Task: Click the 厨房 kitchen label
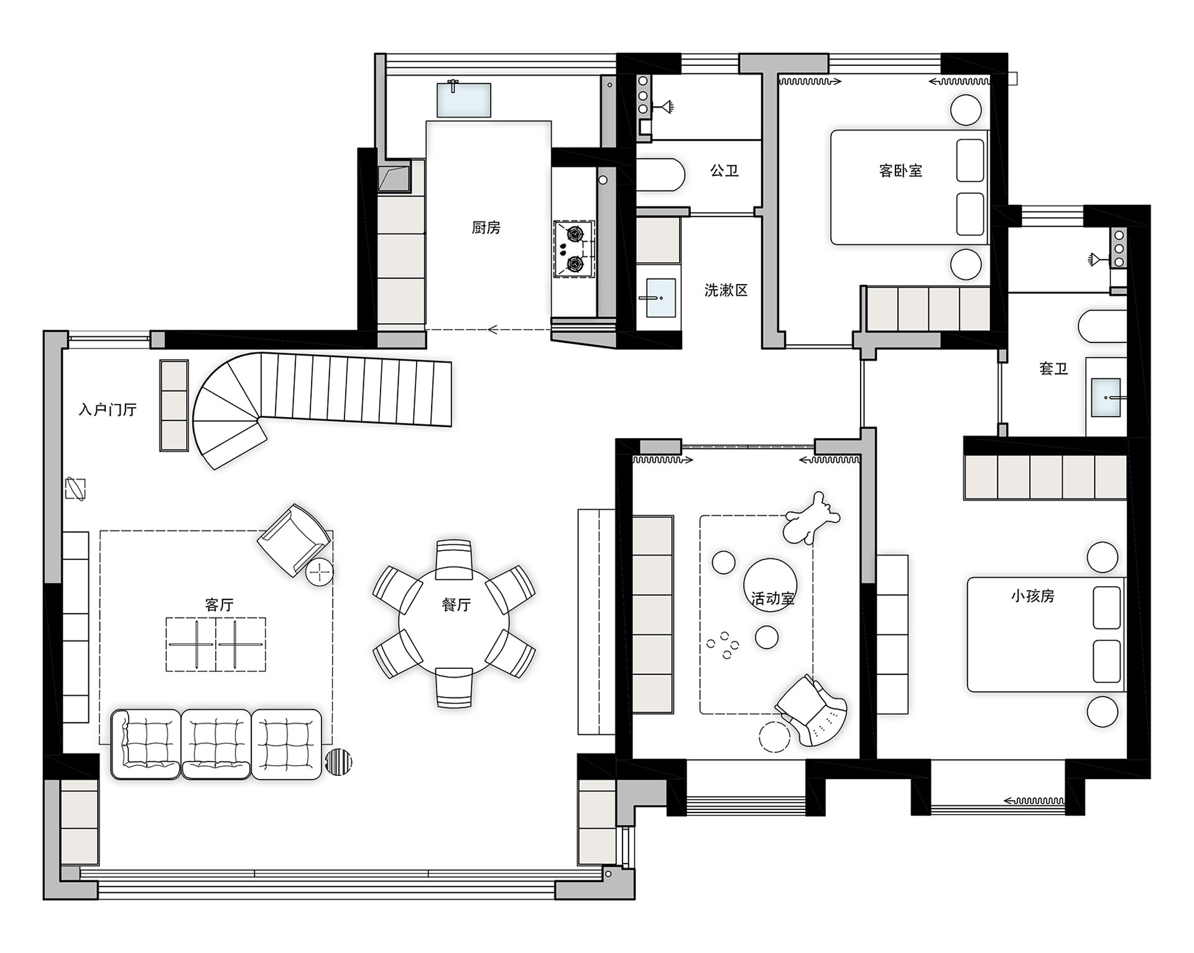click(486, 228)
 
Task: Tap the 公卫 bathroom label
click(724, 170)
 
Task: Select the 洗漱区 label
click(726, 290)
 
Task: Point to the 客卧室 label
click(900, 170)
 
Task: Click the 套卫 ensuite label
click(1053, 369)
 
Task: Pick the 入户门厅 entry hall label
click(108, 410)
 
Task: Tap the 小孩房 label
click(1033, 596)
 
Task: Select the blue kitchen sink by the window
click(464, 99)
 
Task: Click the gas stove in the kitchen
click(574, 249)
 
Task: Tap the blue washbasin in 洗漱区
click(660, 298)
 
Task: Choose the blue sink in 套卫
click(1106, 397)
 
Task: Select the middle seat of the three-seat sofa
click(216, 744)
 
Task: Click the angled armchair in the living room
click(294, 540)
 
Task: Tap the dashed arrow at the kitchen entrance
click(489, 329)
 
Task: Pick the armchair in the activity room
click(812, 711)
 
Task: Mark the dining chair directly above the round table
click(454, 558)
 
